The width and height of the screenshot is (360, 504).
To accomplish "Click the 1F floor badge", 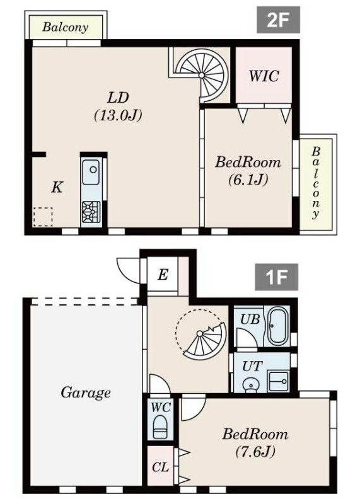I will (276, 277).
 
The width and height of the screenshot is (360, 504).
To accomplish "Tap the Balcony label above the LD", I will (65, 27).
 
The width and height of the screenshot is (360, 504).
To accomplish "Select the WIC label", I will (263, 76).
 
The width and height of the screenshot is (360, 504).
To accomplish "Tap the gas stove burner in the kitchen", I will (91, 211).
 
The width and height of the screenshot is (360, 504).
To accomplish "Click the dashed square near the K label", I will (43, 216).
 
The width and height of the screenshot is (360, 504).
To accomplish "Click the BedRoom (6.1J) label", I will (248, 170).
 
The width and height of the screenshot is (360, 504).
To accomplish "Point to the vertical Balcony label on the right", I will (316, 183).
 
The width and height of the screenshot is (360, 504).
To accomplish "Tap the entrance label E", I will (162, 275).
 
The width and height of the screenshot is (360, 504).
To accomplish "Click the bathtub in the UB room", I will (277, 326).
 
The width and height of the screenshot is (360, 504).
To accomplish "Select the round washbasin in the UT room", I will (252, 382).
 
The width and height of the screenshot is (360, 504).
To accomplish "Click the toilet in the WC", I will (160, 425).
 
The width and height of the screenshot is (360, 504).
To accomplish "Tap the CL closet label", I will (160, 468).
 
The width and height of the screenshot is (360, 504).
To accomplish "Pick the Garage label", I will (86, 393).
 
